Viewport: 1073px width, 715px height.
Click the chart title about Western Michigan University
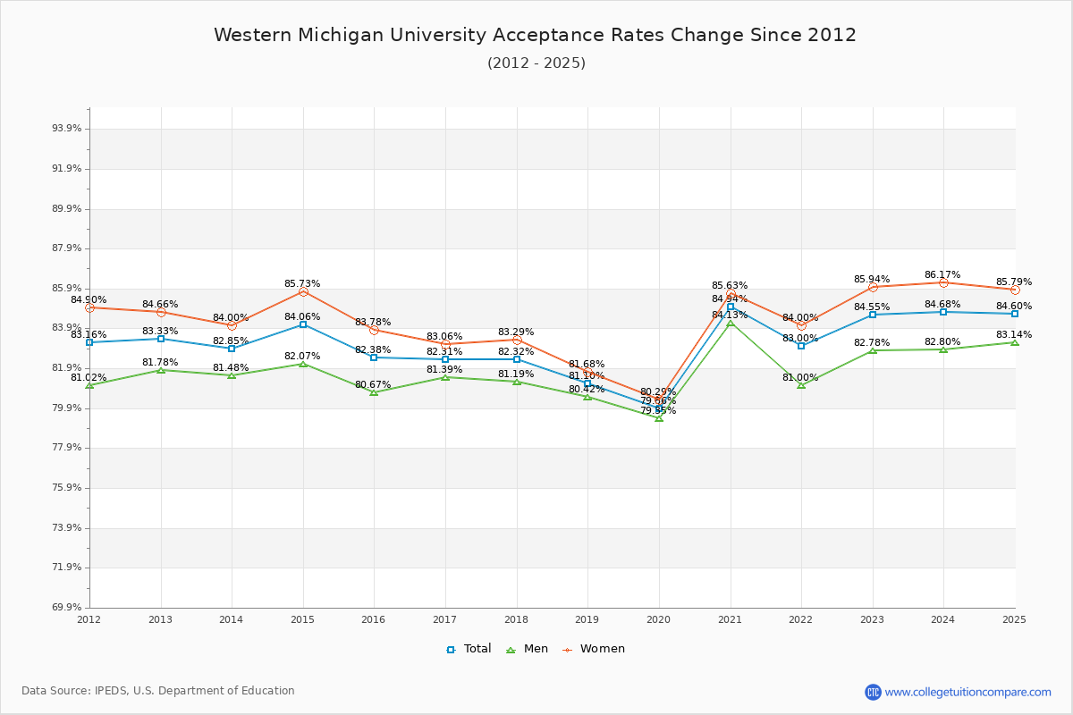click(x=535, y=36)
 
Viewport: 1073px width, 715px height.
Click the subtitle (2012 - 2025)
click(x=536, y=63)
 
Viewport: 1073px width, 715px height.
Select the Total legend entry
click(x=469, y=649)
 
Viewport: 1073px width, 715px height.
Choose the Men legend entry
click(x=528, y=649)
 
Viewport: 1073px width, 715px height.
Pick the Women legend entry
click(x=594, y=649)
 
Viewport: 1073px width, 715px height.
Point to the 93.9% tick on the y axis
click(x=67, y=129)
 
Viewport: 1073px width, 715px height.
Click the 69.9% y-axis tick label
click(x=67, y=608)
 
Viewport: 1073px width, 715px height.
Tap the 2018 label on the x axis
click(x=516, y=619)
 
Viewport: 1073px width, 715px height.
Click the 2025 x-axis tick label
click(x=1014, y=619)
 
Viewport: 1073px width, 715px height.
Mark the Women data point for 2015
click(x=303, y=291)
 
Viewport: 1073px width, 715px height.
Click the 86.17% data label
click(x=942, y=275)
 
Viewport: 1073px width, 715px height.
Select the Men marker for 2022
click(x=801, y=385)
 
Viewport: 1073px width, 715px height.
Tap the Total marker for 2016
click(x=374, y=357)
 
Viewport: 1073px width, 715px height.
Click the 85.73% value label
click(x=302, y=284)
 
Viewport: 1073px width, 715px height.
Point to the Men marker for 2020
click(x=659, y=418)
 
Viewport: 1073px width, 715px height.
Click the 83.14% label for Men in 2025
click(x=1014, y=335)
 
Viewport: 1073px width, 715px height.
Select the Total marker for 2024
click(x=943, y=312)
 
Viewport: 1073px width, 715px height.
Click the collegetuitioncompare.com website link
click(x=967, y=692)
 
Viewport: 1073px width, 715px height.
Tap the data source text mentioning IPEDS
click(x=158, y=691)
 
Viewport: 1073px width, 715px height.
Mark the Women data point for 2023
click(x=873, y=287)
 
